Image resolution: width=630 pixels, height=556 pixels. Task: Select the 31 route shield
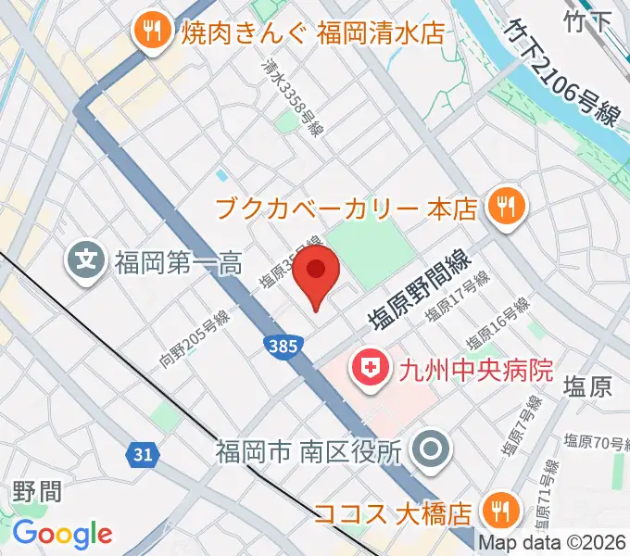[142, 454]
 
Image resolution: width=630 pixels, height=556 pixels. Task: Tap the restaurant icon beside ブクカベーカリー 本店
[506, 206]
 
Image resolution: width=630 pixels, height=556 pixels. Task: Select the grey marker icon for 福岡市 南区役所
[430, 451]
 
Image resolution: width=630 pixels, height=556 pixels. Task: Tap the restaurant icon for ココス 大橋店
[501, 511]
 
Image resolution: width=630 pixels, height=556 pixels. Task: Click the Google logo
[62, 534]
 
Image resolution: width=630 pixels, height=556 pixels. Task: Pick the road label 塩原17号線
[457, 295]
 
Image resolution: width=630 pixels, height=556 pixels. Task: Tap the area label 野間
[38, 490]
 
